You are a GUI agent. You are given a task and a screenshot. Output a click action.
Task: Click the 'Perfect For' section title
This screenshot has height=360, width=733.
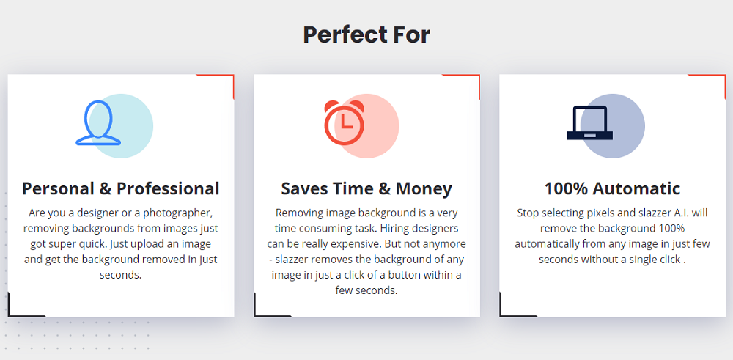click(366, 34)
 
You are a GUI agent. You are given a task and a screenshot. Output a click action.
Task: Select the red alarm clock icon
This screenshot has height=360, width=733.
click(344, 122)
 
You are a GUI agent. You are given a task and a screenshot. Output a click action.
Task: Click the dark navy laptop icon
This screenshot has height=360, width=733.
click(589, 122)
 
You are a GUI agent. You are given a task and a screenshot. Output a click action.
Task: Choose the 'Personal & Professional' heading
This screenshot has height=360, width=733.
click(121, 189)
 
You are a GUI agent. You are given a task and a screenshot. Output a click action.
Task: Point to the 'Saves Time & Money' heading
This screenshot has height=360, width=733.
click(366, 189)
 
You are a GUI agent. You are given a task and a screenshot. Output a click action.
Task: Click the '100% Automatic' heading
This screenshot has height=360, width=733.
click(612, 189)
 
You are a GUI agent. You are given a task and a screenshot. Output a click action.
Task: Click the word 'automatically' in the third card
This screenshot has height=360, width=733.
click(544, 244)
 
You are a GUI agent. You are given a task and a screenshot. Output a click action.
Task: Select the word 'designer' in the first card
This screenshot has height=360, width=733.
click(87, 213)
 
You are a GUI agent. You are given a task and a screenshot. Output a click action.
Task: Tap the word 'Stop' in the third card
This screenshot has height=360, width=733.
click(527, 213)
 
